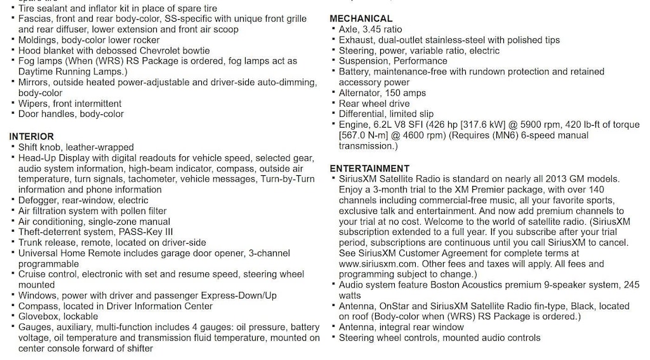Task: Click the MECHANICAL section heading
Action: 361,18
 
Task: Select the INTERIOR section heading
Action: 31,137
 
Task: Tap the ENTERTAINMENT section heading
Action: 369,168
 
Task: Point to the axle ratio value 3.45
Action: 373,29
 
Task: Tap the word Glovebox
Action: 40,316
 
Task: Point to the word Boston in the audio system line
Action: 448,285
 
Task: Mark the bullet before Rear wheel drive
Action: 333,103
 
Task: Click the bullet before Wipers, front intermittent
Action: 13,103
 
